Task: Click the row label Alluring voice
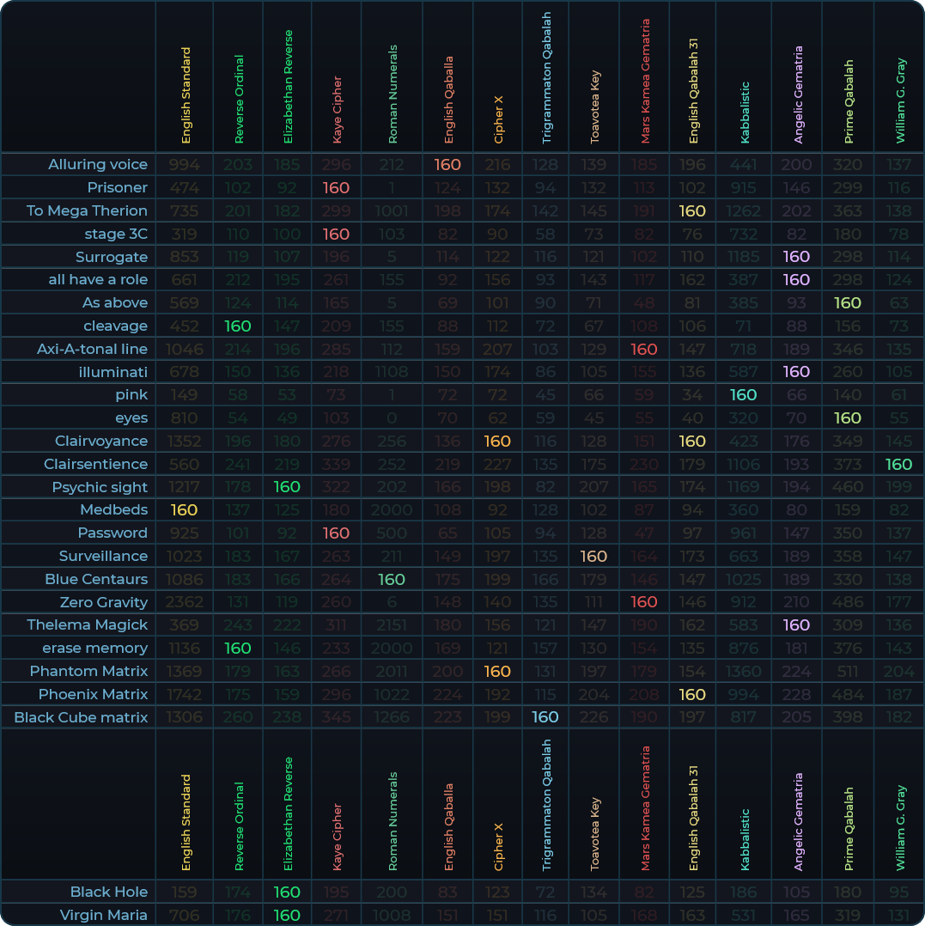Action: [x=98, y=164]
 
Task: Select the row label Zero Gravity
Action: [x=104, y=602]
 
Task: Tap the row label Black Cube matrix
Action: [x=81, y=717]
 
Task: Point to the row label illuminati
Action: [x=113, y=372]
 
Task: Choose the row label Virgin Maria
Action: [x=104, y=915]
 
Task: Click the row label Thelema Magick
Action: [x=88, y=624]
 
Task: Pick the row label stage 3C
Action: [x=116, y=234]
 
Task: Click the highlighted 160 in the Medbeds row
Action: [x=185, y=509]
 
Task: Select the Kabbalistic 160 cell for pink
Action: [x=743, y=395]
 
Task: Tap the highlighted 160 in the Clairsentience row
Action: [x=899, y=464]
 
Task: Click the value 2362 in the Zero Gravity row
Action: [x=185, y=602]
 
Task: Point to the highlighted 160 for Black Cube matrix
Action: [x=545, y=717]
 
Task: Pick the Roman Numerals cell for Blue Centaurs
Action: [x=392, y=579]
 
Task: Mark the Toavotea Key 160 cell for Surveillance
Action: [x=594, y=556]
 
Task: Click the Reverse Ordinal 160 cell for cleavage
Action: [x=238, y=326]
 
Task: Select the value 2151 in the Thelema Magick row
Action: [x=392, y=624]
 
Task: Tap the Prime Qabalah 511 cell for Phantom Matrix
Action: [x=848, y=671]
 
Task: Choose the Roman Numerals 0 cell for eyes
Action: [x=392, y=418]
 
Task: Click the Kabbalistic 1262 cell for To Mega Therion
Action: [x=743, y=210]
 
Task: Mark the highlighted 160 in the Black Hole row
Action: [x=287, y=892]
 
